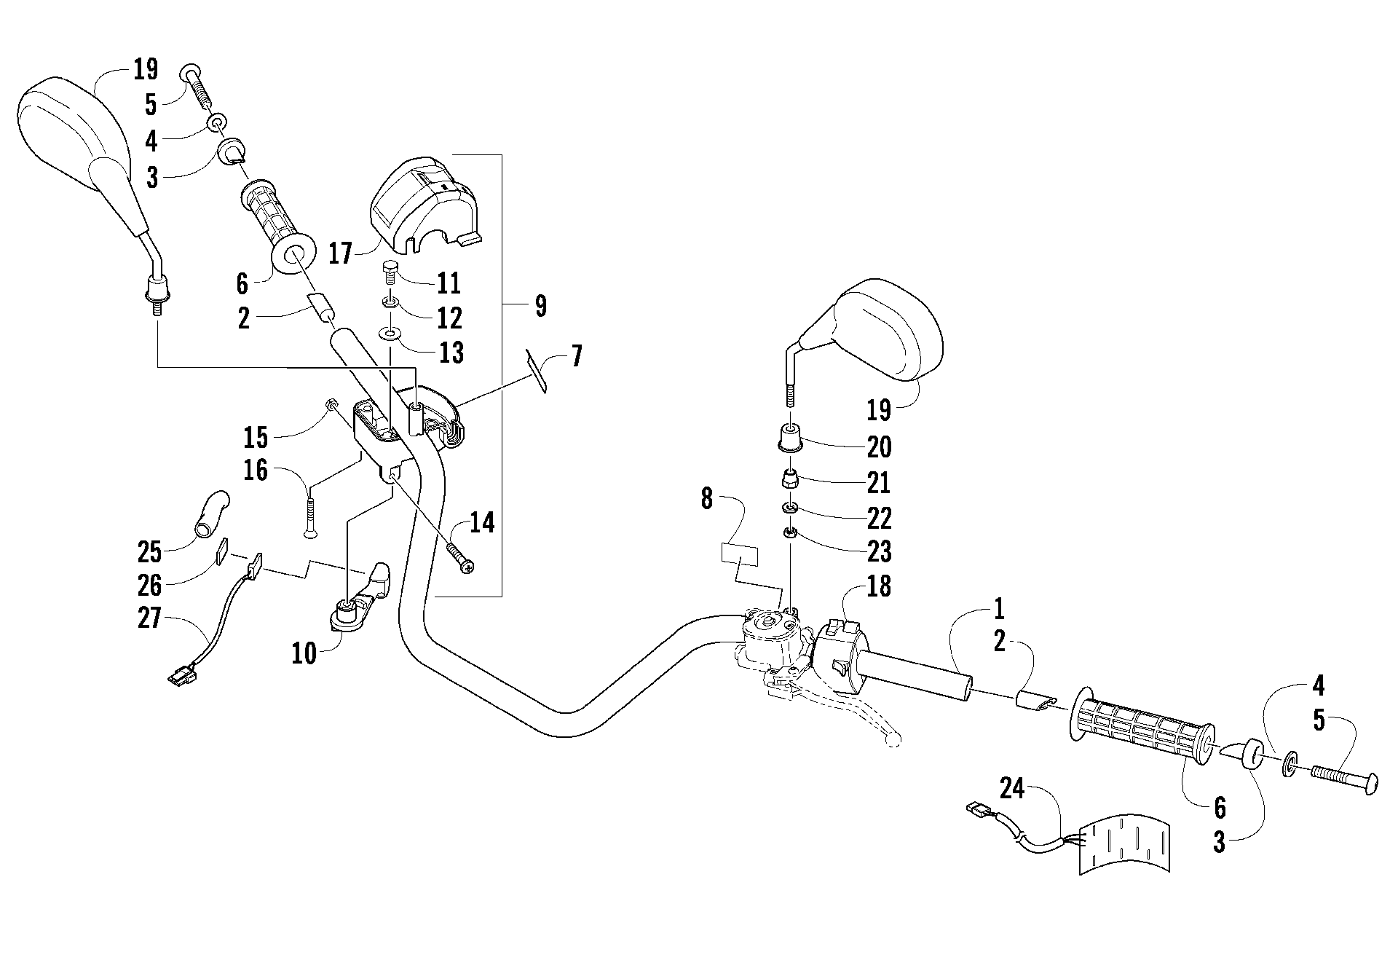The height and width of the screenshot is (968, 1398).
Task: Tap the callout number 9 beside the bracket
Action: click(540, 306)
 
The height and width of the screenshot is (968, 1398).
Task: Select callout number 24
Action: click(1012, 788)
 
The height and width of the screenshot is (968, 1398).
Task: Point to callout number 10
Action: click(304, 653)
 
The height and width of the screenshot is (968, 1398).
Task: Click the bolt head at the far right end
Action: click(1370, 784)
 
